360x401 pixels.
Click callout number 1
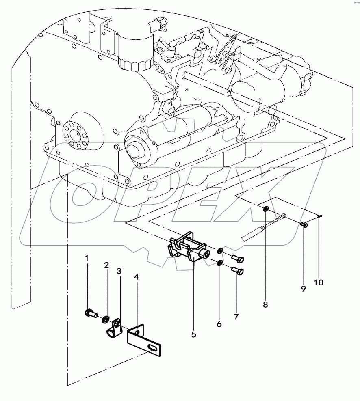point(86,258)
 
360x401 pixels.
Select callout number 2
point(106,265)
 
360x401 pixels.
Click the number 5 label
point(194,334)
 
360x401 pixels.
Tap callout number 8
point(265,304)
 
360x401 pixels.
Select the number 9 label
point(303,289)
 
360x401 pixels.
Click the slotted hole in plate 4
point(153,347)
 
